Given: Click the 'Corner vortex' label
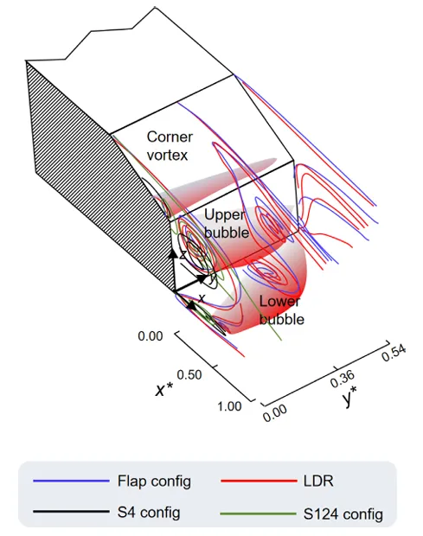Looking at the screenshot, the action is [170, 146].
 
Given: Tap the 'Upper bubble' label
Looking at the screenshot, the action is [227, 224].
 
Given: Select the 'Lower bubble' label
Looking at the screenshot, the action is [281, 310].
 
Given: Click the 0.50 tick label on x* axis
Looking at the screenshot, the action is [189, 374].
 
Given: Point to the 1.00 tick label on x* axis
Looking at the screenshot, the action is [229, 406].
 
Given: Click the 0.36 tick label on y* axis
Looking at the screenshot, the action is [343, 379].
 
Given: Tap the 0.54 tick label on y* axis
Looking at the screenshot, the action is [394, 353].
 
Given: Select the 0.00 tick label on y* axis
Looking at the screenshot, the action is [275, 413].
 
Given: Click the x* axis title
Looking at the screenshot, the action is [164, 390].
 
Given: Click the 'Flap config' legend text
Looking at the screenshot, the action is [154, 481].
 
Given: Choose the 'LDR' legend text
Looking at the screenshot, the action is [318, 481].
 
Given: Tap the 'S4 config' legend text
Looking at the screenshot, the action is [149, 512].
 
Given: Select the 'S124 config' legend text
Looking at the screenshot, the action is [343, 514].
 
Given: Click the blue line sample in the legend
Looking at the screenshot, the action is [71, 482].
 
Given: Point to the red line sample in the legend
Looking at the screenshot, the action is [259, 481].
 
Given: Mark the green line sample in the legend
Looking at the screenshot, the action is [259, 514].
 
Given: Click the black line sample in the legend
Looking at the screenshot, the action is [71, 512].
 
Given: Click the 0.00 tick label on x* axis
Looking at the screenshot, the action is [151, 336].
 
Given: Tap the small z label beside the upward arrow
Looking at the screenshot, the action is [183, 254].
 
